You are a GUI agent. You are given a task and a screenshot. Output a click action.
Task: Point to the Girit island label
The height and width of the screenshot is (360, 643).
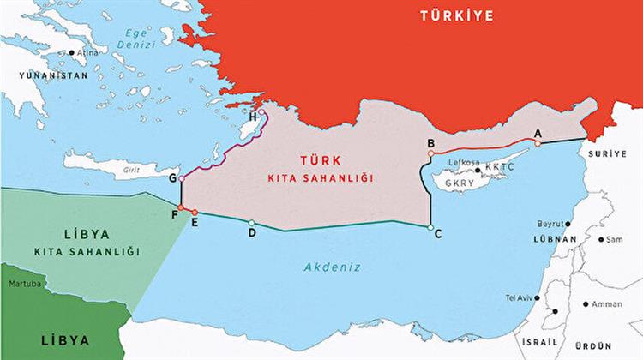point(131,169)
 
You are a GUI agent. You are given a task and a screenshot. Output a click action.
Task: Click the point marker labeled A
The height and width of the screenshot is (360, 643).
point(538,132)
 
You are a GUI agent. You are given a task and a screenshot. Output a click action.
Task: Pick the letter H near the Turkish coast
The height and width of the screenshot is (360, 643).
point(253,117)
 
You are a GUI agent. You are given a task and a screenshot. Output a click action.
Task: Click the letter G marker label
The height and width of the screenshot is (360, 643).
point(172,178)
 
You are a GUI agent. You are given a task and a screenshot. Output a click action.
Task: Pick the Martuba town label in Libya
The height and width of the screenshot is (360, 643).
point(21,282)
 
